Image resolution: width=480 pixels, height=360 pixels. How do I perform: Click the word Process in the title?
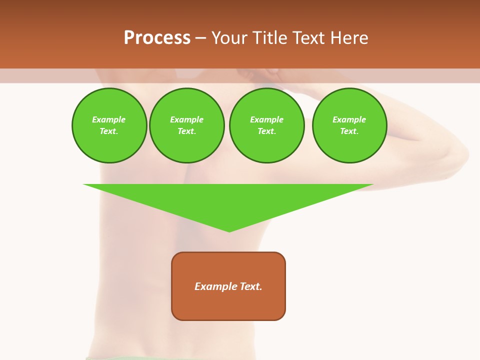tap(157, 38)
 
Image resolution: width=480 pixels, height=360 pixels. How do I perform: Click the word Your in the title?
tap(229, 38)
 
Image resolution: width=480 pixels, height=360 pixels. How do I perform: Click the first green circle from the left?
tap(109, 125)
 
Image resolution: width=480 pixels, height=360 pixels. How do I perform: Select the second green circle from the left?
tap(187, 125)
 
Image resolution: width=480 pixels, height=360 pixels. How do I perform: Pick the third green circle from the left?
tap(267, 125)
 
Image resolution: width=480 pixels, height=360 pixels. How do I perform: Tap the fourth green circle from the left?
tap(349, 125)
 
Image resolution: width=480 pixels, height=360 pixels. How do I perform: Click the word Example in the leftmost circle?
tap(109, 119)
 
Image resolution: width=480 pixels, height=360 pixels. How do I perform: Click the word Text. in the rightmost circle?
tap(349, 131)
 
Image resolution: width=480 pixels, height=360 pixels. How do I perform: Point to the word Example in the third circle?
tap(267, 119)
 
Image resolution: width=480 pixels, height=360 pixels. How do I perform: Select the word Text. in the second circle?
tap(187, 131)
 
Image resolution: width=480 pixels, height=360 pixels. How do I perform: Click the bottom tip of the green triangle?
tap(229, 230)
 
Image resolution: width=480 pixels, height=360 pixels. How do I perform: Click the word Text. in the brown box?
tap(251, 286)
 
